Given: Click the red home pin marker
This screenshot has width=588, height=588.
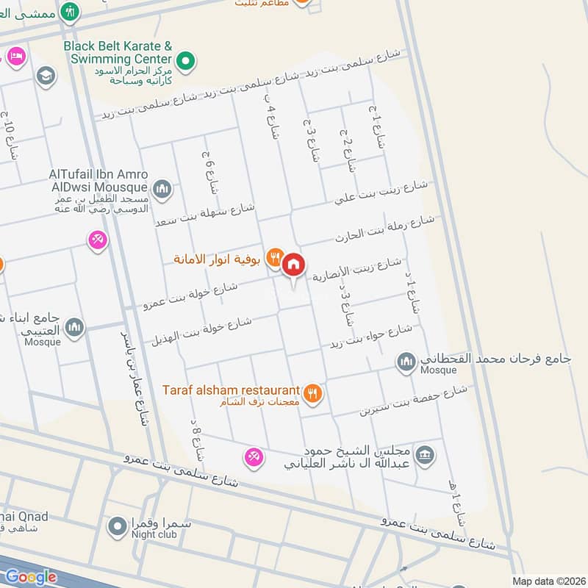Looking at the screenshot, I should point(293,265).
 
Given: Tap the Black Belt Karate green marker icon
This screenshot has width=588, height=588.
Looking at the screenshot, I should point(187,59).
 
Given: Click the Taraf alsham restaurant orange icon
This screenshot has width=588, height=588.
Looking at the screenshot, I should point(314,393).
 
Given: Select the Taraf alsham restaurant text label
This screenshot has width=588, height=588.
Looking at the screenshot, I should point(231,390).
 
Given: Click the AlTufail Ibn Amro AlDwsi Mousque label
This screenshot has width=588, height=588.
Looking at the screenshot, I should point(98,181).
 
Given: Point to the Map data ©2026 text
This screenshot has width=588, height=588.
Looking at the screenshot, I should point(548,581).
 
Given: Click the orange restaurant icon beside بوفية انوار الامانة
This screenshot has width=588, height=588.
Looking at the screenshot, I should point(274,258).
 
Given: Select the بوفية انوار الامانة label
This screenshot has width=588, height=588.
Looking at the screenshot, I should point(218,259).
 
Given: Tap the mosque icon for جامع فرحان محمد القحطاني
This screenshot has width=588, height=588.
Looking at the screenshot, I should point(406,362).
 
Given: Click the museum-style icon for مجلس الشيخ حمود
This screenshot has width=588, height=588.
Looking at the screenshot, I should point(425,456).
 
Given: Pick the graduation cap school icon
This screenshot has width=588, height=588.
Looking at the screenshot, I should point(46,76).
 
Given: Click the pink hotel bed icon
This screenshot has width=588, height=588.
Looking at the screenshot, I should point(15,56).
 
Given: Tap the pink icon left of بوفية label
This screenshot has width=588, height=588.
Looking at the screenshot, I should point(97,240).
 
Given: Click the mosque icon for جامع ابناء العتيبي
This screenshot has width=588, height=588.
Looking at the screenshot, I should point(74,328).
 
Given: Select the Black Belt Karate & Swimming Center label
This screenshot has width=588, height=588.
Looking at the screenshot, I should point(118,52).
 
